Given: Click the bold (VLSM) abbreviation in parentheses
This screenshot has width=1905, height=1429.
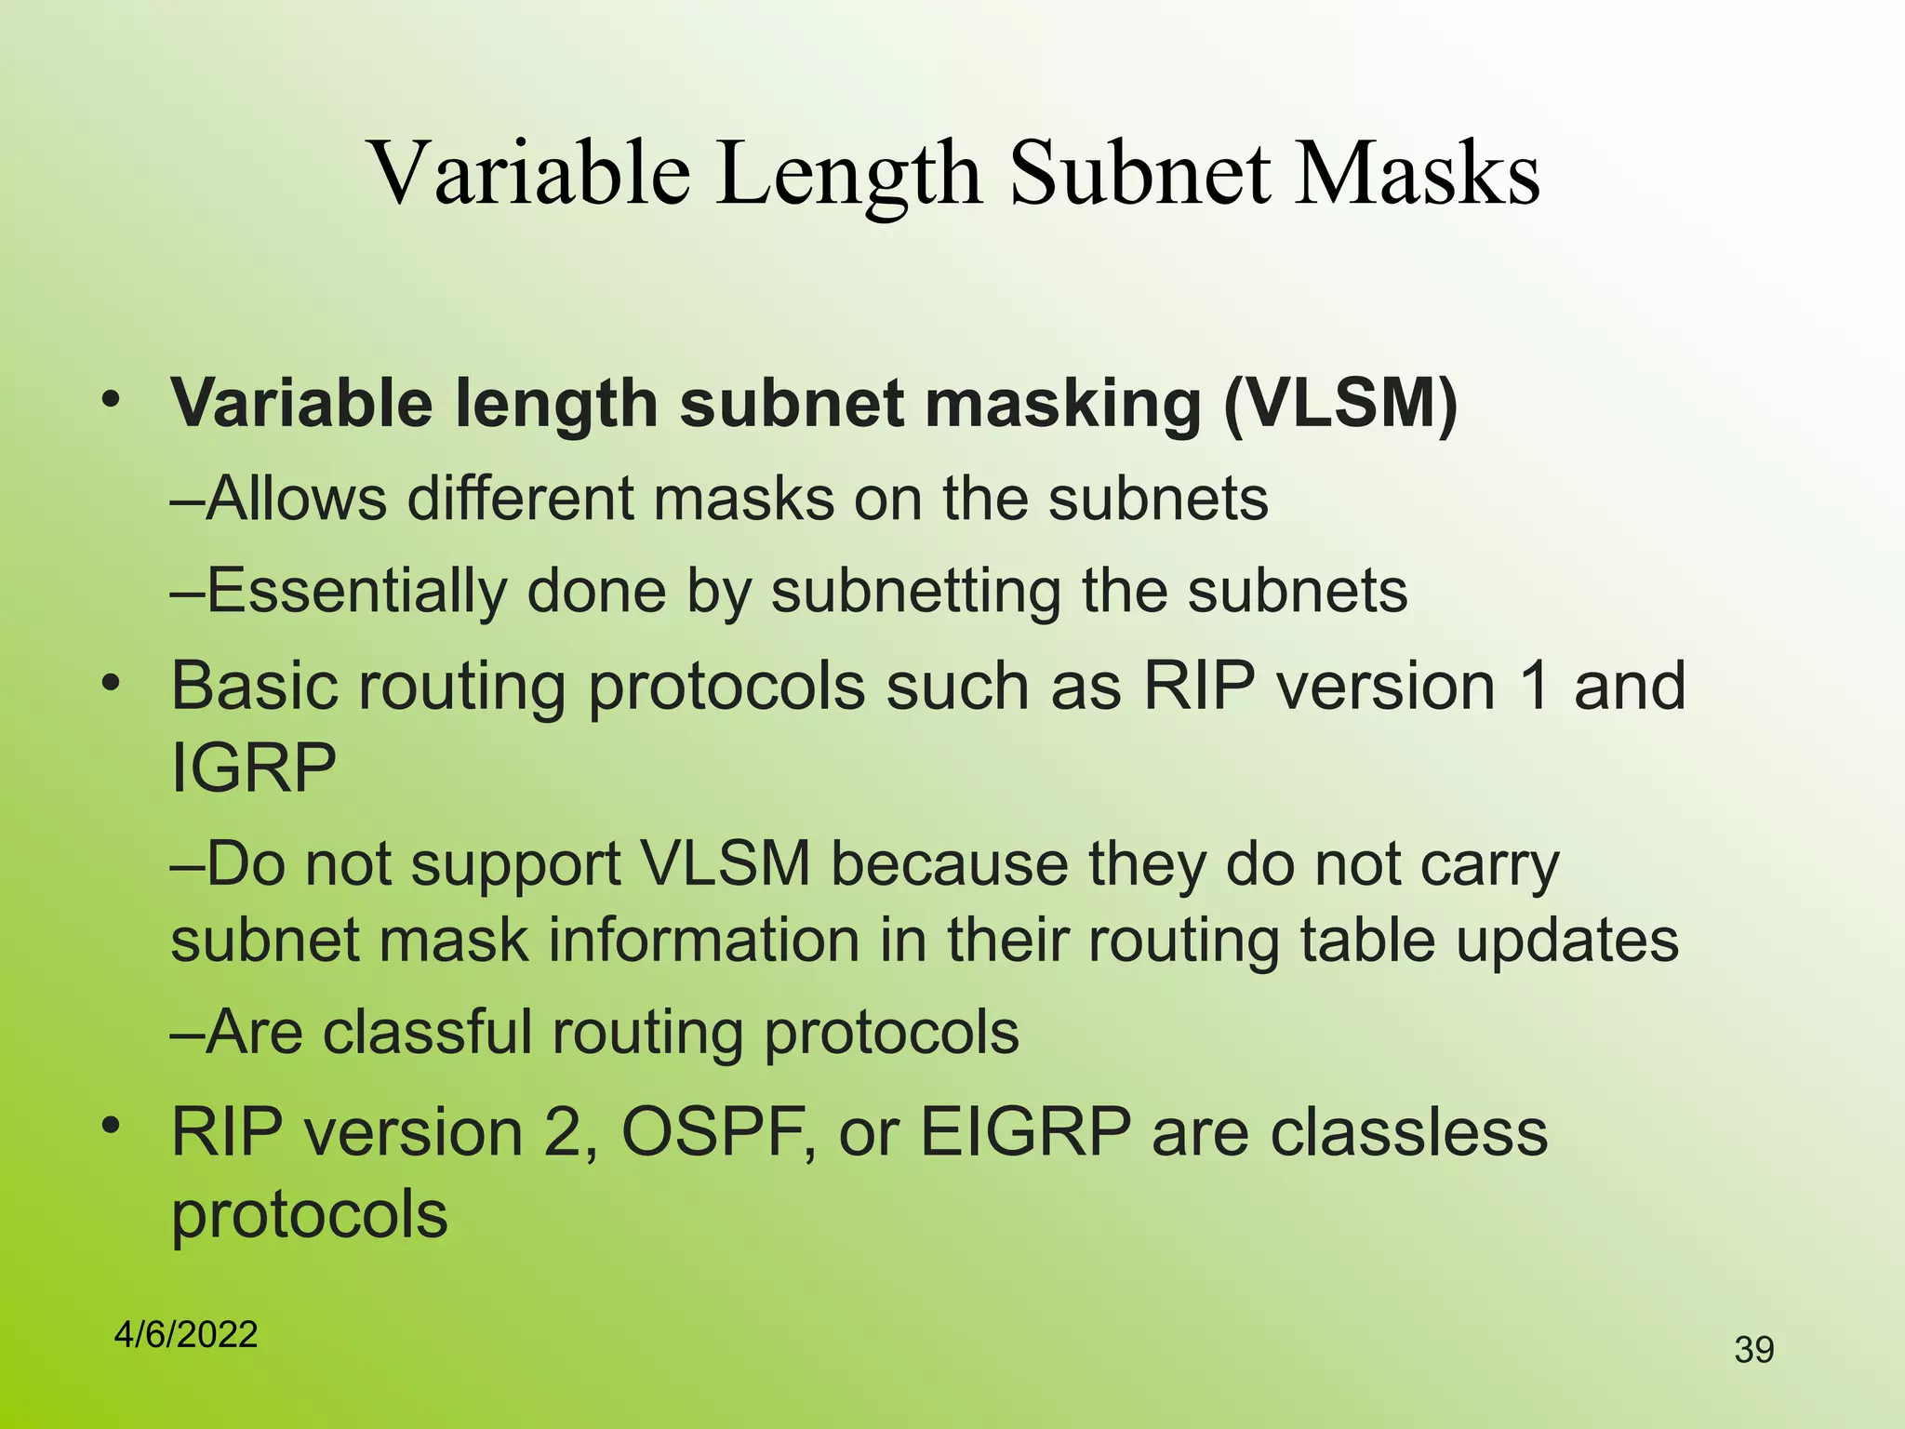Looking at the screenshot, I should pyautogui.click(x=1340, y=406).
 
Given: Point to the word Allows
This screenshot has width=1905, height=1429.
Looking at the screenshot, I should pyautogui.click(x=295, y=499).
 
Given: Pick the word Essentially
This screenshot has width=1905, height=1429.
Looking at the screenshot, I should pyautogui.click(x=356, y=592).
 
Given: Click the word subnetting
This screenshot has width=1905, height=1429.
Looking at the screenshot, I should pyautogui.click(x=915, y=592).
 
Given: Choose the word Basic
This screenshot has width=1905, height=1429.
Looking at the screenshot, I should pyautogui.click(x=254, y=687).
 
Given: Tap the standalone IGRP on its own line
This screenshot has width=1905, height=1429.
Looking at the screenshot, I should pyautogui.click(x=253, y=768).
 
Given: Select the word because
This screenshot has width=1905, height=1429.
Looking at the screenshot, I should pyautogui.click(x=949, y=864).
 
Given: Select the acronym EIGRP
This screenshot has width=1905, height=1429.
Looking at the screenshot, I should pyautogui.click(x=1025, y=1133).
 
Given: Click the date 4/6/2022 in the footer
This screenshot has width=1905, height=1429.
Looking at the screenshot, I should pyautogui.click(x=186, y=1335).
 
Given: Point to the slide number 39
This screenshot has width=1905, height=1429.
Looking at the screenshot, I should pyautogui.click(x=1754, y=1350).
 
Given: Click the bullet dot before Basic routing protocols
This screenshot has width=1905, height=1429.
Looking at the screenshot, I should pyautogui.click(x=112, y=685).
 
